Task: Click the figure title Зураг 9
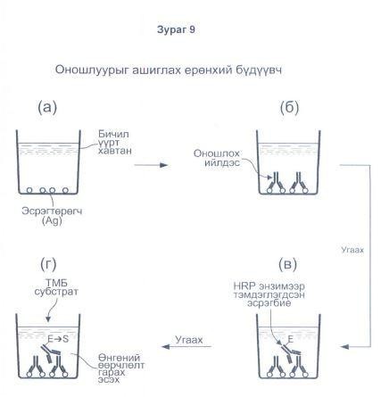pyautogui.click(x=176, y=30)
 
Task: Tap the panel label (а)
pyautogui.click(x=47, y=108)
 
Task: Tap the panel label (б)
pyautogui.click(x=289, y=108)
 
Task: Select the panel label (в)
pyautogui.click(x=288, y=264)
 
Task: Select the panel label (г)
pyautogui.click(x=48, y=264)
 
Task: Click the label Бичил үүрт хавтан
pyautogui.click(x=114, y=143)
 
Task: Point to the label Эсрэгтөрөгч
pyautogui.click(x=52, y=211)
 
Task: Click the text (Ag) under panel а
pyautogui.click(x=52, y=221)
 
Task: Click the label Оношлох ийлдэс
pyautogui.click(x=217, y=158)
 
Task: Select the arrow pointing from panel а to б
pyautogui.click(x=152, y=165)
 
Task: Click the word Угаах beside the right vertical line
pyautogui.click(x=352, y=250)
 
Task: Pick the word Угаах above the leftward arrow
pyautogui.click(x=189, y=340)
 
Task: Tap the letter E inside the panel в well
pyautogui.click(x=290, y=339)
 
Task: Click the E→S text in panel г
pyautogui.click(x=58, y=339)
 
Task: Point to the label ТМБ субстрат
pyautogui.click(x=56, y=287)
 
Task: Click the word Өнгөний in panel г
pyautogui.click(x=119, y=358)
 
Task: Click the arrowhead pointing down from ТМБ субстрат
pyautogui.click(x=47, y=319)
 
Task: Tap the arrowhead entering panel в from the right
pyautogui.click(x=344, y=347)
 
